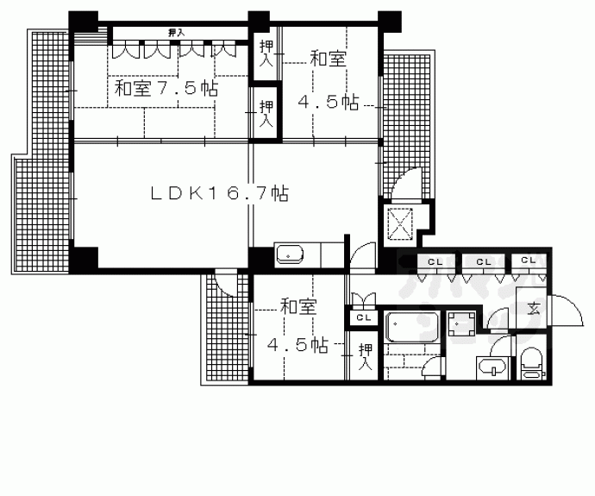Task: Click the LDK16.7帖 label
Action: coord(219,194)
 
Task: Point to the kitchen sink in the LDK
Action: coord(289,254)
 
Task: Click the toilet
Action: coord(530,362)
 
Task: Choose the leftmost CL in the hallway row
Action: coord(435,261)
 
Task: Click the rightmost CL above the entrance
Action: coord(528,261)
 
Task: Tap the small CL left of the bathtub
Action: coord(364,317)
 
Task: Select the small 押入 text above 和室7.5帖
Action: coord(176,33)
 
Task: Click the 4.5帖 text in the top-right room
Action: coord(328,102)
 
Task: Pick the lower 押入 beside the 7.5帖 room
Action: coord(266,113)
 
